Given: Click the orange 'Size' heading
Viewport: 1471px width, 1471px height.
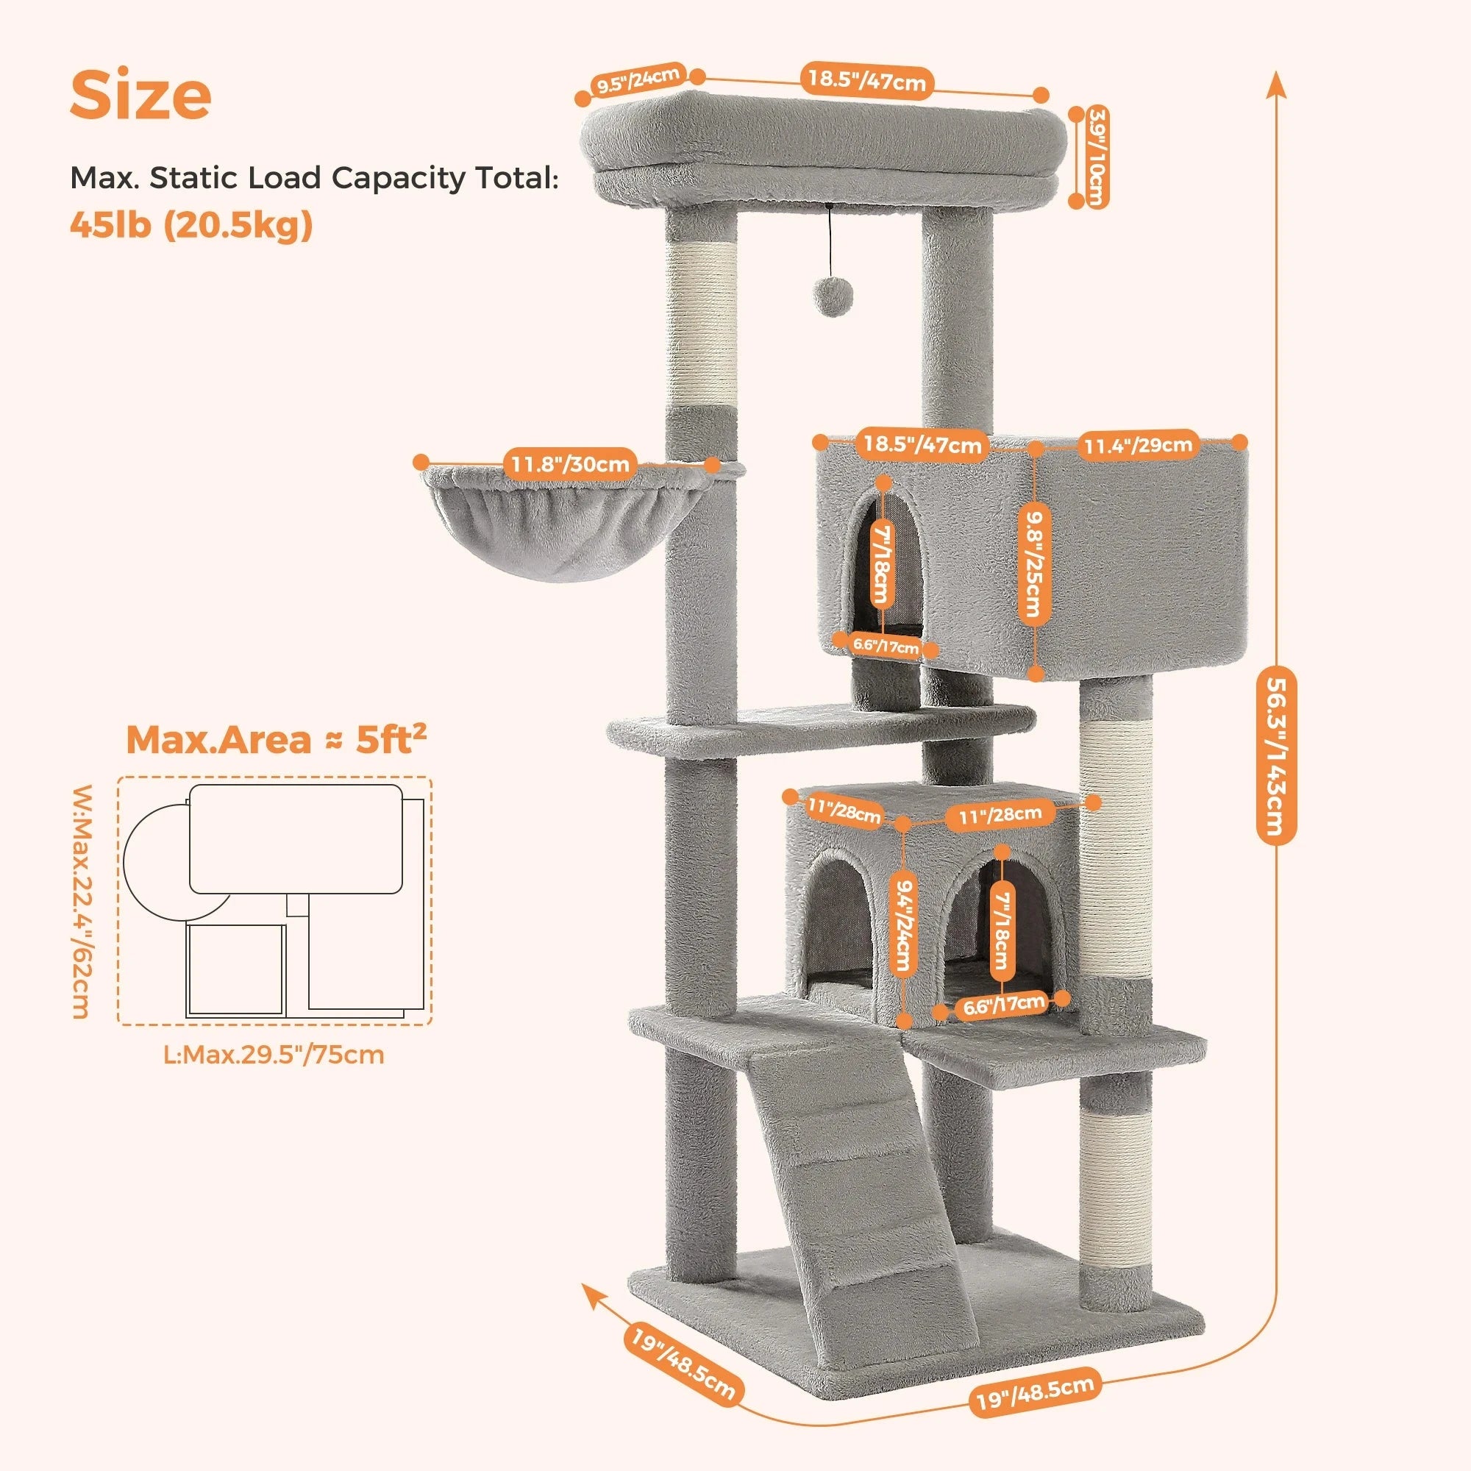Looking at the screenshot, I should pos(141,95).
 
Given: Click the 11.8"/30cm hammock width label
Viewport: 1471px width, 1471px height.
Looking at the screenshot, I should pos(569,463).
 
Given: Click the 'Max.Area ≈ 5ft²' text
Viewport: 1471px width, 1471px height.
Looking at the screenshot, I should pos(276,740).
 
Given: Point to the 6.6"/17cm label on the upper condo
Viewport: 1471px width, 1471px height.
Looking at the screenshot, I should pos(886,647).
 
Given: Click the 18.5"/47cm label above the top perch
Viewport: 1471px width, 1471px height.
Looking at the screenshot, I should pos(866,79).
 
